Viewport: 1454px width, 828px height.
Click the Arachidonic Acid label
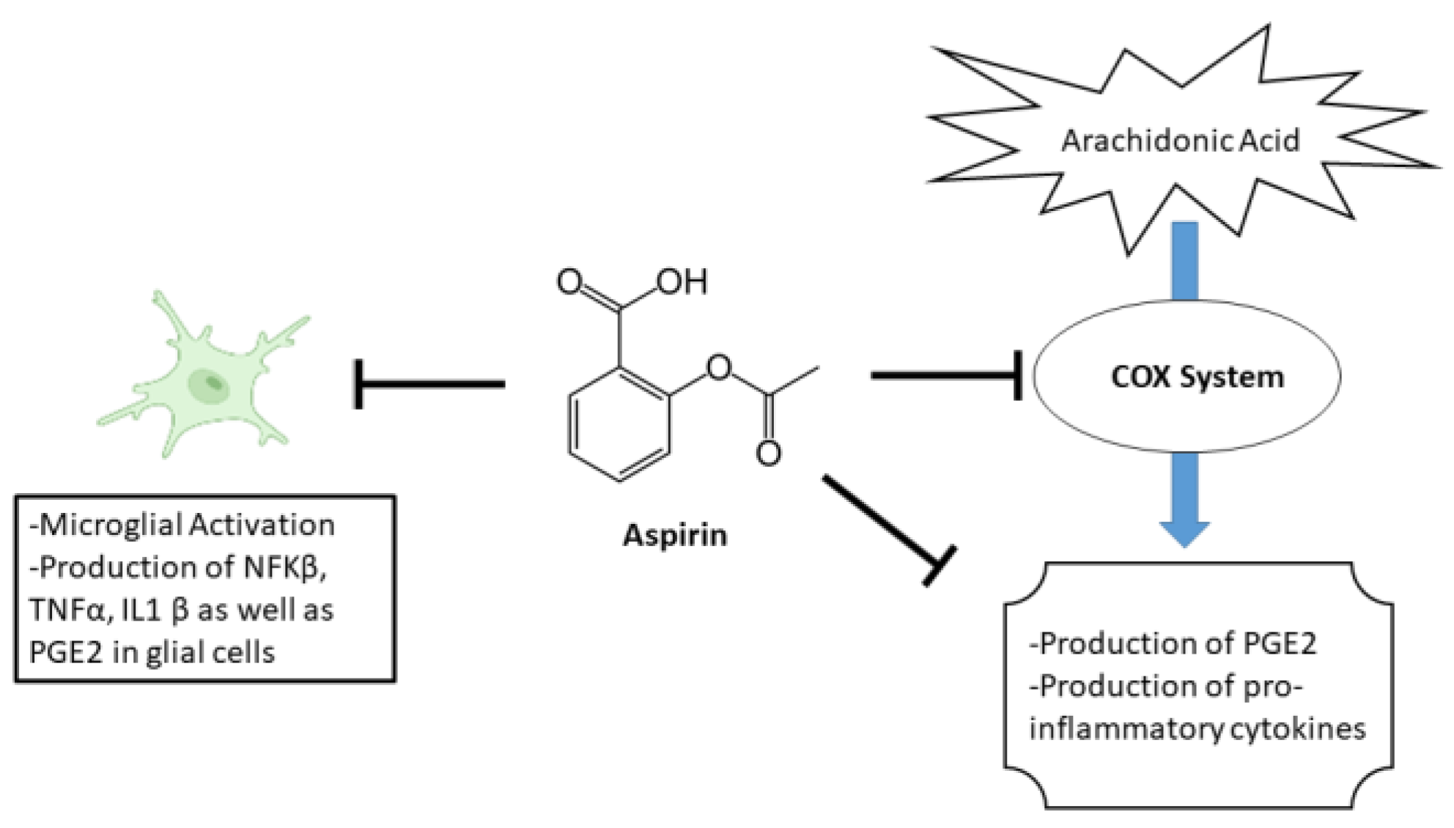coord(1180,140)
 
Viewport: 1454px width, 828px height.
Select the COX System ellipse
coord(1187,377)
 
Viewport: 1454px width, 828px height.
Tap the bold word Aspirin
coord(675,536)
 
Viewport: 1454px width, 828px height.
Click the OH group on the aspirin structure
coord(682,282)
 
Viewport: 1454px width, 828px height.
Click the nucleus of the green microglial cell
coord(210,384)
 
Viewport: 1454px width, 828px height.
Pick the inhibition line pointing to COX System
coord(945,376)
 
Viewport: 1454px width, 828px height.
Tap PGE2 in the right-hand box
coord(1280,643)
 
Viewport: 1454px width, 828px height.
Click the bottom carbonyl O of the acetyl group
coord(768,453)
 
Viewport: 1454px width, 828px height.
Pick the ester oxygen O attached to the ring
coord(719,367)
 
